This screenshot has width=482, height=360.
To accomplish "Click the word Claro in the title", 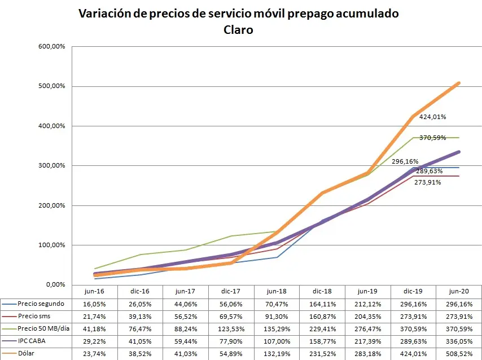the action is [238, 30].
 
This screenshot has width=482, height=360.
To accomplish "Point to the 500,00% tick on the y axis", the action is [52, 86].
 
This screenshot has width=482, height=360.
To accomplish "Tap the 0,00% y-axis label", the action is [56, 285].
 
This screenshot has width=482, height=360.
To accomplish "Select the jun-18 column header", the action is [277, 291].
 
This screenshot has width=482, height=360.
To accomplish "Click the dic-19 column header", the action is [413, 291].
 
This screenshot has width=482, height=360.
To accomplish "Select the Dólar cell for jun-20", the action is [459, 354].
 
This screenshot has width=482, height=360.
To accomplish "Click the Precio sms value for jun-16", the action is [94, 317].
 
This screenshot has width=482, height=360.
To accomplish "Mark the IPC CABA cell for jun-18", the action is [277, 341].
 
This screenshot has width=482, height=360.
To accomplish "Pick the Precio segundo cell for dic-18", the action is [322, 304].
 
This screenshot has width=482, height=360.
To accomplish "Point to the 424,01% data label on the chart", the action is [432, 117].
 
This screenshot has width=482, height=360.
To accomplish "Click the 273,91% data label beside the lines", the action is [428, 182].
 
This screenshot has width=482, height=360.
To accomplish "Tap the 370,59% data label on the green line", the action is [432, 138].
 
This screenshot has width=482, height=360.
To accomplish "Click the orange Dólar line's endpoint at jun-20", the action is [459, 83].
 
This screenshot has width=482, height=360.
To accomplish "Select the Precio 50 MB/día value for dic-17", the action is [231, 330].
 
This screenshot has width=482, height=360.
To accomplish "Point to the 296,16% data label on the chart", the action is [405, 161].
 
